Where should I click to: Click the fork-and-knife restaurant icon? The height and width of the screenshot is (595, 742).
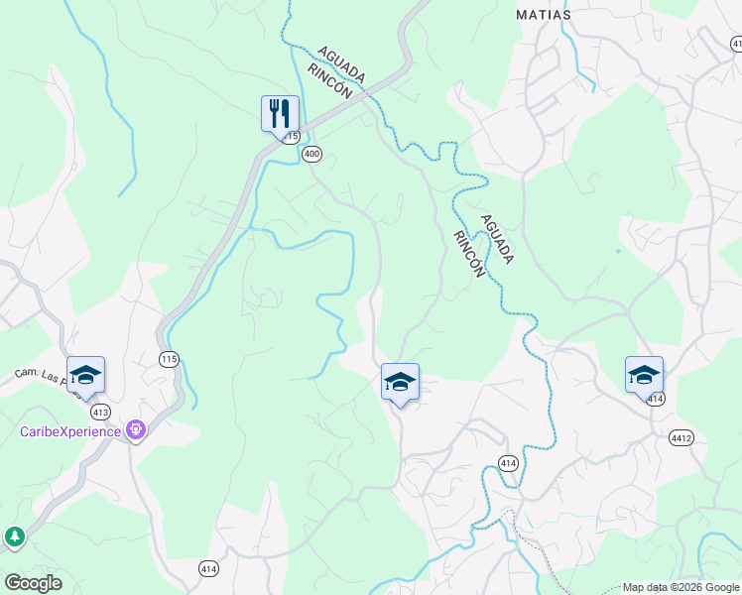point(281,112)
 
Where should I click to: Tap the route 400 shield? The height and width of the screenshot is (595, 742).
point(312,154)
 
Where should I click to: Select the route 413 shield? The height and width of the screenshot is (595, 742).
point(100,411)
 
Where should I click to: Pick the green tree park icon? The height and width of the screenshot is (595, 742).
point(15,536)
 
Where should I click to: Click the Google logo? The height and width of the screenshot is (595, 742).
point(33,583)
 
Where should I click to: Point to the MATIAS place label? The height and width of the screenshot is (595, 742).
point(544,15)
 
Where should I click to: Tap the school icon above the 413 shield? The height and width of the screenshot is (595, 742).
point(85,375)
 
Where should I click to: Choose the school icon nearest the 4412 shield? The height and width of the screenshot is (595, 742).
point(644,375)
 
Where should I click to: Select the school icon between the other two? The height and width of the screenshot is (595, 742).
point(400,382)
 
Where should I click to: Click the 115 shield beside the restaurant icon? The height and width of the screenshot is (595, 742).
point(290,137)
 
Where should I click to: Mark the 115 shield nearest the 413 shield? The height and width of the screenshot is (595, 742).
point(170,358)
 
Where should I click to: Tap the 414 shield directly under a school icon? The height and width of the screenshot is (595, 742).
point(655,398)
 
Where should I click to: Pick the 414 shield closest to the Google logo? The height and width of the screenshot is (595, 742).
point(208,568)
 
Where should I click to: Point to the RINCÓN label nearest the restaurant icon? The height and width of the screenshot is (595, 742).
point(330,79)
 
